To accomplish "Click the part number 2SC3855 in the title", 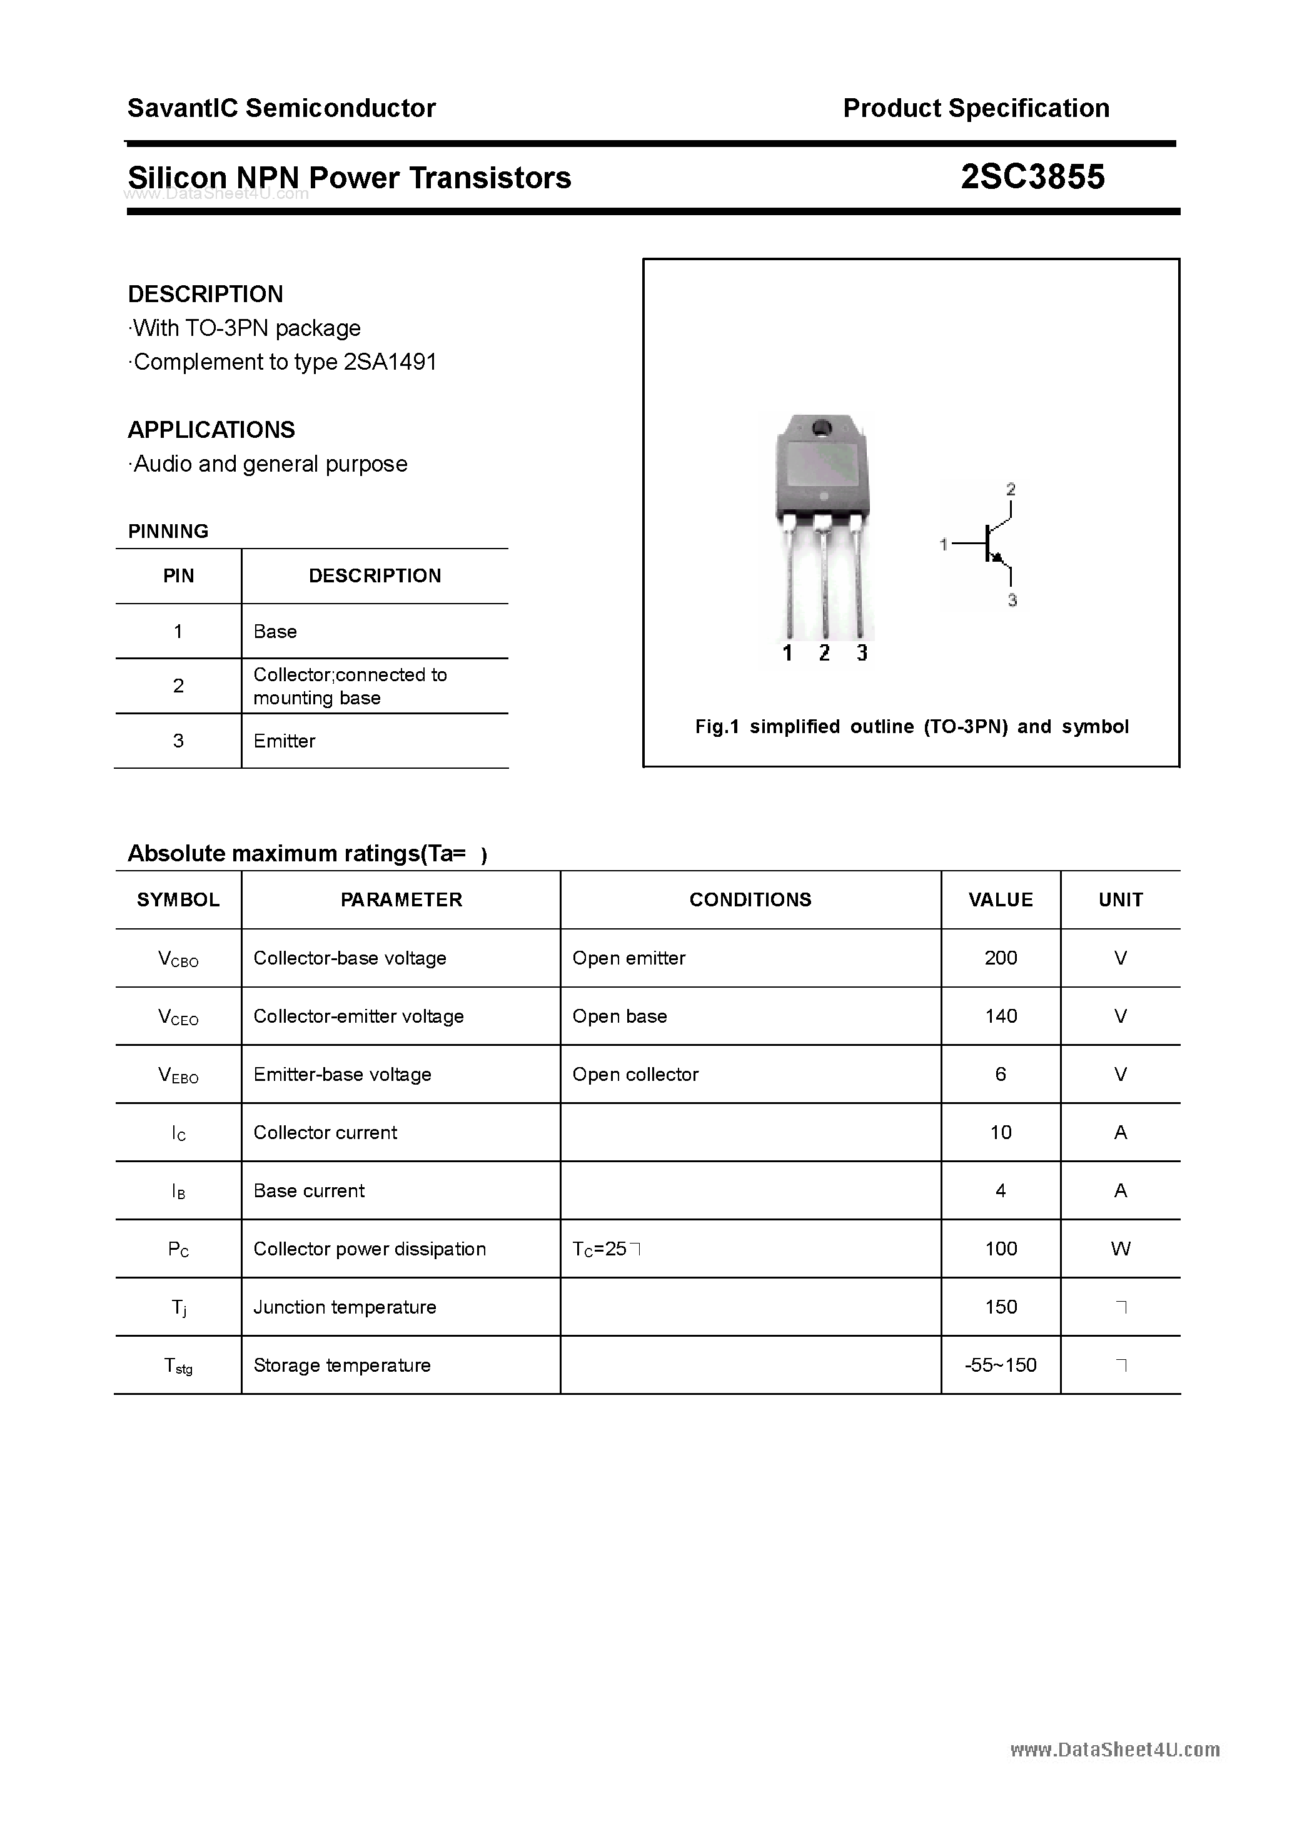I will point(1032,177).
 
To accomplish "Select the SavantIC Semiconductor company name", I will point(281,108).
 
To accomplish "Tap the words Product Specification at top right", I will point(976,108).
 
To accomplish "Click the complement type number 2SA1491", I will point(390,362).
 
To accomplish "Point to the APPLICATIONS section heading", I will point(211,430).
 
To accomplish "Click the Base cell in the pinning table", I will point(275,632).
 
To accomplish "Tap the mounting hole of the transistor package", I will point(821,428).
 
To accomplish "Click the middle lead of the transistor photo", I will point(824,582).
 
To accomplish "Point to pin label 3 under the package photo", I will point(862,653).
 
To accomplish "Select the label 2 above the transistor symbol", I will point(1011,489).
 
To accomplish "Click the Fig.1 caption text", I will point(911,726).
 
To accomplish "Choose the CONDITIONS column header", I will point(750,899).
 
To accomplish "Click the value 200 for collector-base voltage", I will point(1001,958).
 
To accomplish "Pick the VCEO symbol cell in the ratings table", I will point(178,1017).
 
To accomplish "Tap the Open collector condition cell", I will point(635,1074).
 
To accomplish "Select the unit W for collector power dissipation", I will point(1120,1249).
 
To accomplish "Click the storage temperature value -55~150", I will point(1001,1365).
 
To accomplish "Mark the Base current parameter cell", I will point(309,1190).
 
